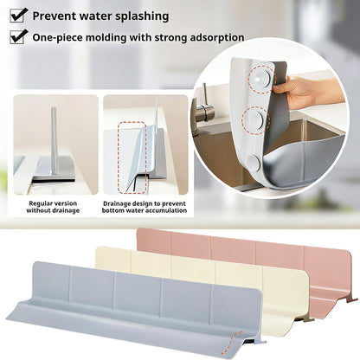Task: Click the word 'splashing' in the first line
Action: tap(142, 16)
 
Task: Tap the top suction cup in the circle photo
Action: tap(261, 78)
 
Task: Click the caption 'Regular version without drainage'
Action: tap(53, 207)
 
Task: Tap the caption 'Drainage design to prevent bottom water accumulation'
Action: tap(145, 207)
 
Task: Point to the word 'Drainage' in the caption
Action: tap(116, 203)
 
